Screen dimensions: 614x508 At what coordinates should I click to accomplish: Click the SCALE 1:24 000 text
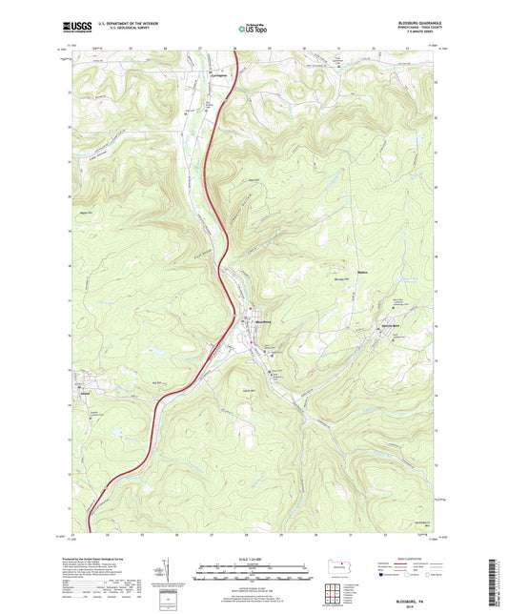[x=253, y=560]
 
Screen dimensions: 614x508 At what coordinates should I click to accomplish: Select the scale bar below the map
[x=253, y=575]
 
